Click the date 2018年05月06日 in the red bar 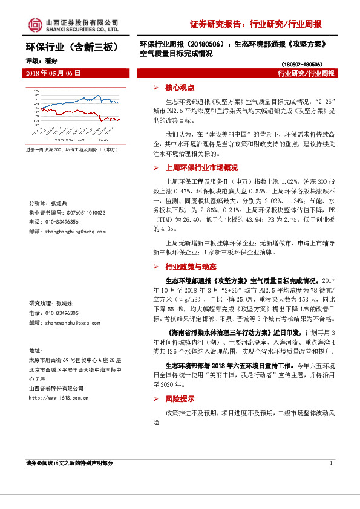[x=53, y=73]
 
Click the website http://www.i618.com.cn [x=59, y=398]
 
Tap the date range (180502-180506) [x=301, y=63]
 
